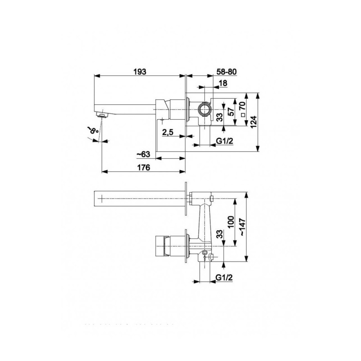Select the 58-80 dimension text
(x=227, y=72)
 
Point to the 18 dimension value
(x=223, y=83)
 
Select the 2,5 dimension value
(x=168, y=132)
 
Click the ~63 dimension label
(x=143, y=154)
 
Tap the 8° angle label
(x=93, y=131)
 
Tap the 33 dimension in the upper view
(x=219, y=118)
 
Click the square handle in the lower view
(x=163, y=245)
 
